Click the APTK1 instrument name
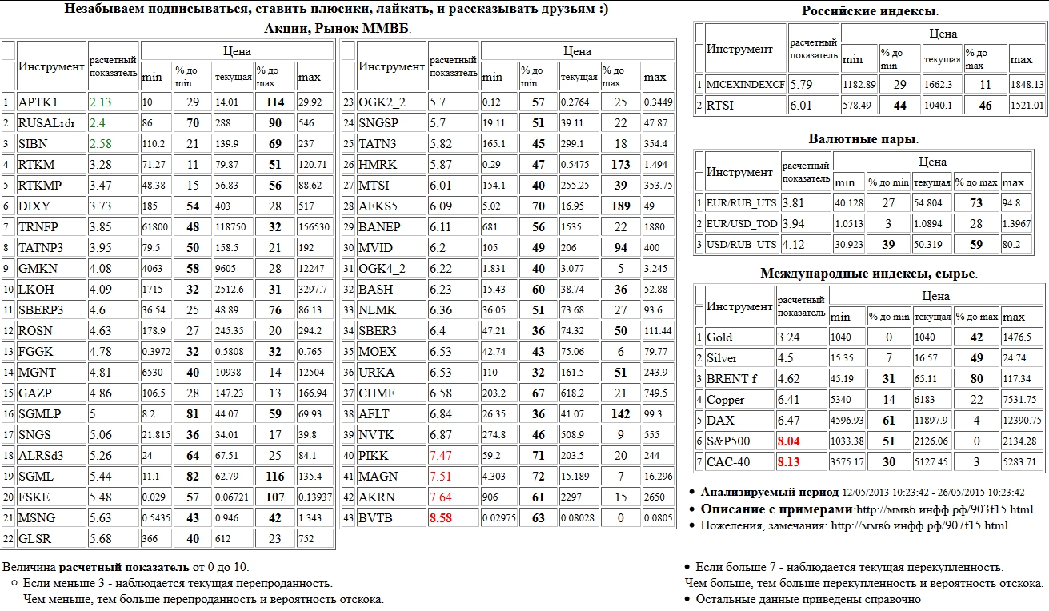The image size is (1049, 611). pyautogui.click(x=38, y=102)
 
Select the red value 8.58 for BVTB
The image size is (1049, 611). pyautogui.click(x=442, y=518)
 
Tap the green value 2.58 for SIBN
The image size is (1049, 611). pyautogui.click(x=101, y=144)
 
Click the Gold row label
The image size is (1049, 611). pyautogui.click(x=719, y=337)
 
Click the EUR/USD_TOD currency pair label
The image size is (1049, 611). pyautogui.click(x=742, y=223)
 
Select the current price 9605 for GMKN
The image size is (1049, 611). pyautogui.click(x=226, y=269)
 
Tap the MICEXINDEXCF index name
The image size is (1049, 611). pyautogui.click(x=745, y=84)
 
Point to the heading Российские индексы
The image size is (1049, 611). pyautogui.click(x=870, y=11)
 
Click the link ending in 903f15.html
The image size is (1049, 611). pyautogui.click(x=944, y=509)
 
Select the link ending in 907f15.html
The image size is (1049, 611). pyautogui.click(x=919, y=525)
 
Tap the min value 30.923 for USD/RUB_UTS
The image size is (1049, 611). pyautogui.click(x=847, y=244)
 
